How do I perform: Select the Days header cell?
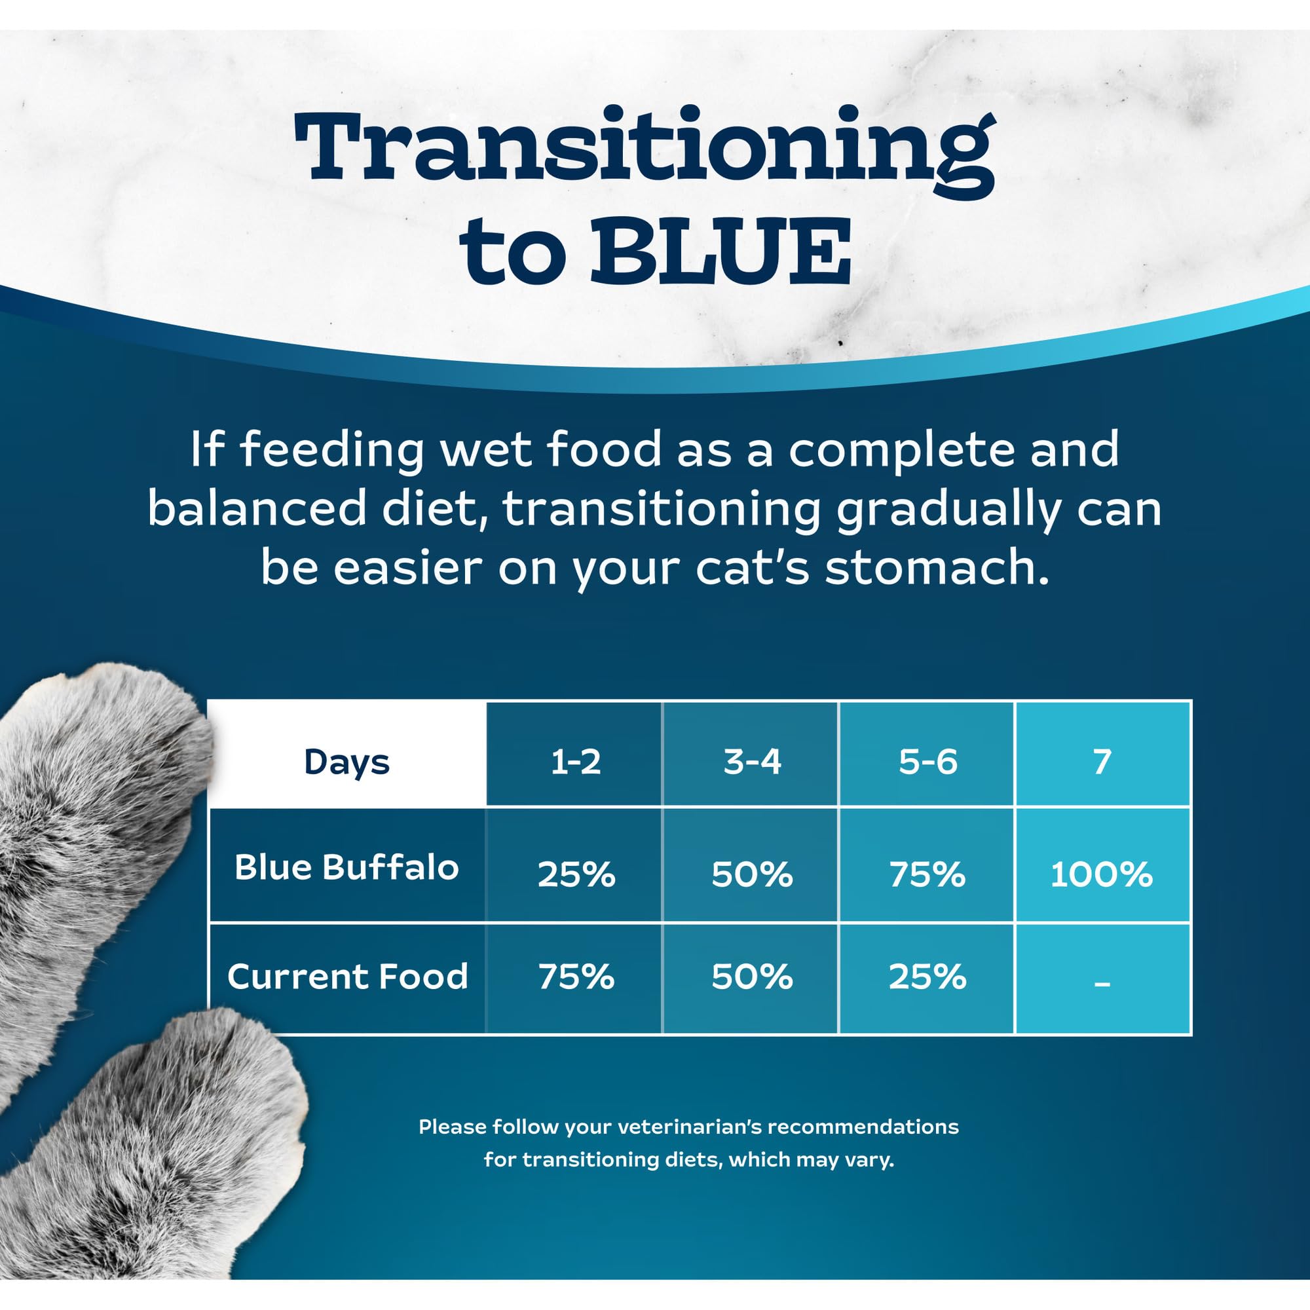[x=346, y=762]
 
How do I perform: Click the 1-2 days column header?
[x=575, y=762]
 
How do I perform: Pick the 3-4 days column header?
[x=751, y=762]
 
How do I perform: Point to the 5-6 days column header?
[x=927, y=762]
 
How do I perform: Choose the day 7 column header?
[x=1102, y=762]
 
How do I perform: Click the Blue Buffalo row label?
[x=346, y=867]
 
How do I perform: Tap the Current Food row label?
[x=347, y=977]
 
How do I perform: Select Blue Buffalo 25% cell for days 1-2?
[x=576, y=874]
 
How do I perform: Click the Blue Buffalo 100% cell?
[x=1101, y=874]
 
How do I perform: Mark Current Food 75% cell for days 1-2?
[x=576, y=977]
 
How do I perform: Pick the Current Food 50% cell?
[x=751, y=977]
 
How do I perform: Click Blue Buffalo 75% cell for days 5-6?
[x=927, y=874]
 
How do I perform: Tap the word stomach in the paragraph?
[x=936, y=567]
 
